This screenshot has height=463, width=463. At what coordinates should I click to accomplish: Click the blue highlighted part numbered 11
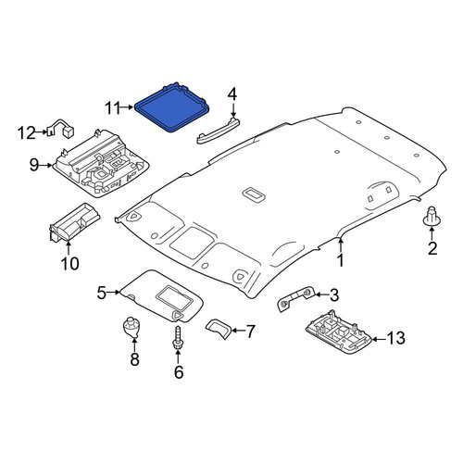pyautogui.click(x=172, y=107)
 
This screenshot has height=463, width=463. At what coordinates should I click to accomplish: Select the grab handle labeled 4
pyautogui.click(x=219, y=131)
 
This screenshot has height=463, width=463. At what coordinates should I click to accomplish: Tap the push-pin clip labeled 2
pyautogui.click(x=432, y=216)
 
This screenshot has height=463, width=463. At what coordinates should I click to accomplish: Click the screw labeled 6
pyautogui.click(x=178, y=338)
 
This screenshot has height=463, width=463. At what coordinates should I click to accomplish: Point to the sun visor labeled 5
pyautogui.click(x=160, y=294)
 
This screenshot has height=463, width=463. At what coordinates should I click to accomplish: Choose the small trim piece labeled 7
pyautogui.click(x=219, y=329)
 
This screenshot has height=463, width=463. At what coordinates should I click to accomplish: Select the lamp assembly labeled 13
pyautogui.click(x=338, y=335)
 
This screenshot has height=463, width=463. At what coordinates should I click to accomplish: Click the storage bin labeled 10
pyautogui.click(x=74, y=222)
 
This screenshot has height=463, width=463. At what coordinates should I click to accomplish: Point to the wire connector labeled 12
pyautogui.click(x=61, y=129)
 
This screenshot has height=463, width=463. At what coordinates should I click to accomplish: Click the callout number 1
pyautogui.click(x=340, y=260)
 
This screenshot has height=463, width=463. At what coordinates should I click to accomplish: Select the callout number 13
pyautogui.click(x=395, y=338)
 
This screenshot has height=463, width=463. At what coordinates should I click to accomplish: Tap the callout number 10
pyautogui.click(x=69, y=264)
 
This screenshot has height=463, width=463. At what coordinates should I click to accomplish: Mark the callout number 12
pyautogui.click(x=27, y=133)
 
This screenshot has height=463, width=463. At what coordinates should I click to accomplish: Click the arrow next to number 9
pyautogui.click(x=46, y=166)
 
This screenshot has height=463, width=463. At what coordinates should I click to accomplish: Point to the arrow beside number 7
pyautogui.click(x=237, y=331)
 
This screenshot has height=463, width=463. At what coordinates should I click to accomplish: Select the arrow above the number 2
pyautogui.click(x=432, y=232)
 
